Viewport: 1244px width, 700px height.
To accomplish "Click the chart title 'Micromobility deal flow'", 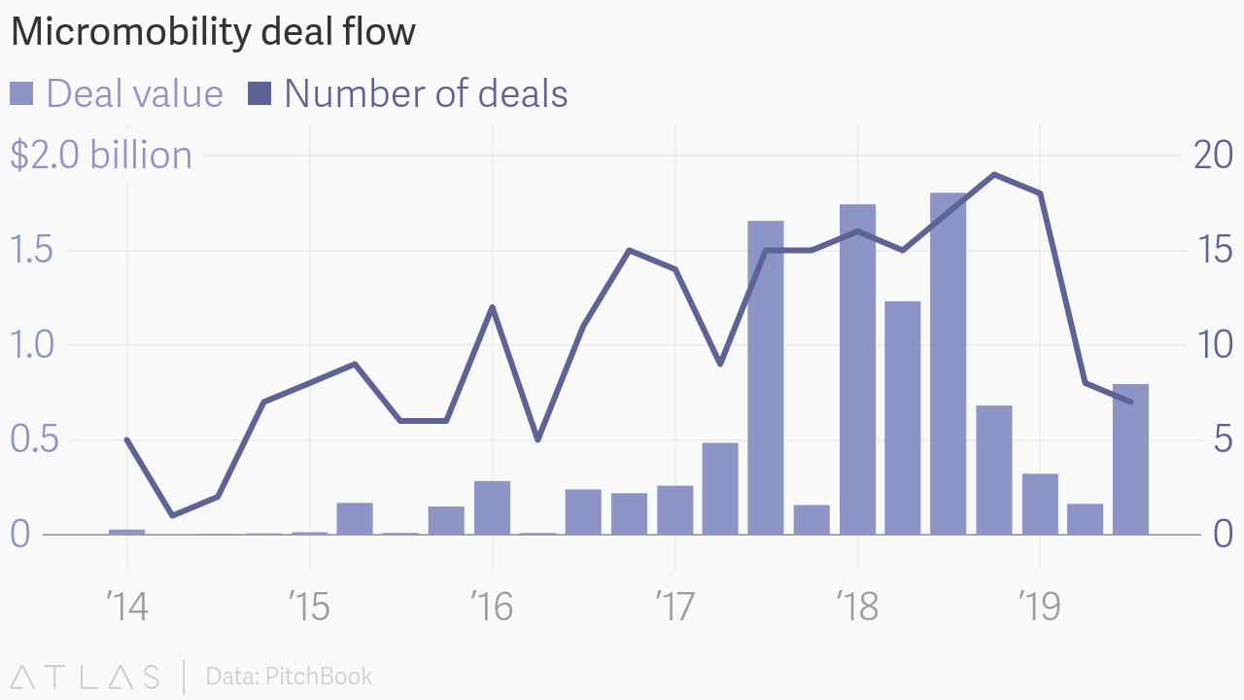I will click(x=213, y=33).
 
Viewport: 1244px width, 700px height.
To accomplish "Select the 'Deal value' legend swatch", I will click(x=21, y=93).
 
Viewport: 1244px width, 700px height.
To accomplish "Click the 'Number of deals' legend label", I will click(x=426, y=93).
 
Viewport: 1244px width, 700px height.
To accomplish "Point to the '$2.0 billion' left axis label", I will click(x=101, y=156).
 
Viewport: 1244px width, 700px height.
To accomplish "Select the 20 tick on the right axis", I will click(x=1211, y=156).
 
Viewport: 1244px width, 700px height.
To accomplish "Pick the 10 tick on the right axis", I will click(x=1211, y=345).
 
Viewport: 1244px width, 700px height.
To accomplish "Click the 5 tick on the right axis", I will click(x=1221, y=439).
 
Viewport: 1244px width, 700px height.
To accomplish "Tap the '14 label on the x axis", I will click(x=126, y=608).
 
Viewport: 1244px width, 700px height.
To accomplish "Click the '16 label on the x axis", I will click(x=492, y=608).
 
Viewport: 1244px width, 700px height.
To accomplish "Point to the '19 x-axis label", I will click(x=1040, y=608).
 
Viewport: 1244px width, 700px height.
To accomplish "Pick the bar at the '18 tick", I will click(x=857, y=369).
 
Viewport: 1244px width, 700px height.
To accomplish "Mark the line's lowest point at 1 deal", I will click(x=172, y=515).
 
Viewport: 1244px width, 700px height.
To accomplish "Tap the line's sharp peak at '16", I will click(x=492, y=307).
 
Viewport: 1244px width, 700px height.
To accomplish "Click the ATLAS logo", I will click(x=86, y=677).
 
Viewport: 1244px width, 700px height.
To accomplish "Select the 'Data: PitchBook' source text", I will click(x=289, y=677).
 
